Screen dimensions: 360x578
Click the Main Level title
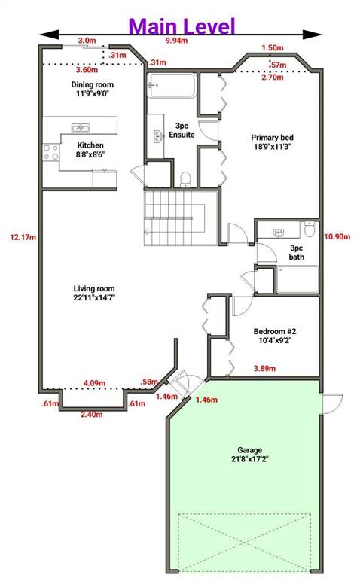pyautogui.click(x=182, y=26)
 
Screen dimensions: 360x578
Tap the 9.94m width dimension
pyautogui.click(x=177, y=41)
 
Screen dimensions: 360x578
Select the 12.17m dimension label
pyautogui.click(x=23, y=237)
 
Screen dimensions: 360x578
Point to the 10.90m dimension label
pyautogui.click(x=337, y=236)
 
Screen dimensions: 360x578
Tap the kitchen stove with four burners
pyautogui.click(x=51, y=152)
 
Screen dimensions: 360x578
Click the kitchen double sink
pyautogui.click(x=81, y=128)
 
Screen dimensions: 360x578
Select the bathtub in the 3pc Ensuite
pyautogui.click(x=172, y=86)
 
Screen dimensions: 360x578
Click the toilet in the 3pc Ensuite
pyautogui.click(x=185, y=180)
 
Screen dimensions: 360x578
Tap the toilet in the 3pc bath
pyautogui.click(x=310, y=229)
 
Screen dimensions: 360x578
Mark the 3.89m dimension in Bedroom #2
pyautogui.click(x=264, y=368)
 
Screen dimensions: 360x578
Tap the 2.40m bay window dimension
pyautogui.click(x=92, y=415)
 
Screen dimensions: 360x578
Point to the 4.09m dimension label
pyautogui.click(x=94, y=383)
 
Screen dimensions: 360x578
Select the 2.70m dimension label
pyautogui.click(x=273, y=78)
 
